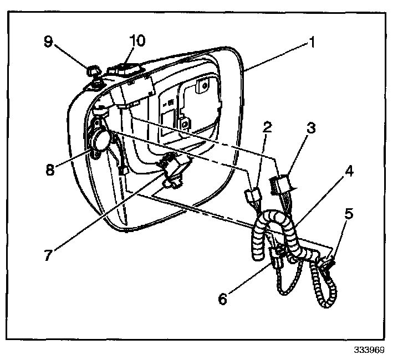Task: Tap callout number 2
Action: click(x=268, y=128)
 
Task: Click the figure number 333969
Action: click(x=369, y=351)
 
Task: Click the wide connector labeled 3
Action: click(x=280, y=184)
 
